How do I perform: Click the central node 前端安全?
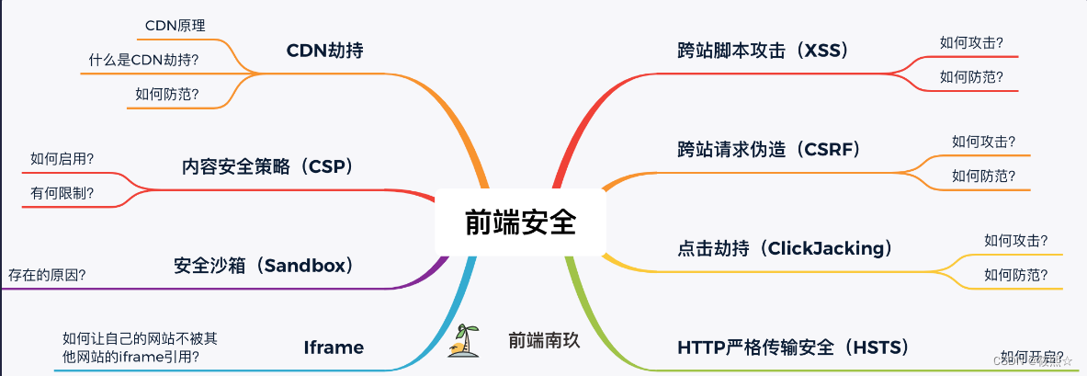click(x=520, y=223)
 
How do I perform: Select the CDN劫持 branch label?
click(x=325, y=51)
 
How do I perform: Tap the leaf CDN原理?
click(x=175, y=26)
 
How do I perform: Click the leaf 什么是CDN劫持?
click(x=144, y=61)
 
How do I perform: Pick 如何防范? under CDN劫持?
click(x=167, y=94)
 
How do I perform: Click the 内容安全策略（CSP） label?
click(x=267, y=167)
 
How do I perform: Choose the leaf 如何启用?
click(x=62, y=158)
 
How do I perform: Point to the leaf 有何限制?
click(x=62, y=192)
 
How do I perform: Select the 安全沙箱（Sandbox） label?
click(x=264, y=266)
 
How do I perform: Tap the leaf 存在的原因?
click(x=48, y=274)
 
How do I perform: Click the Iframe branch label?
click(x=334, y=348)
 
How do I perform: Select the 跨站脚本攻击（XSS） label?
click(x=763, y=51)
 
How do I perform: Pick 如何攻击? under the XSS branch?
click(x=971, y=42)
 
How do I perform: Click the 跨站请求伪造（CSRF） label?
click(x=768, y=149)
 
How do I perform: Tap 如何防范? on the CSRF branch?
click(x=984, y=175)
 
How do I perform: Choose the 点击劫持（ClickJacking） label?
click(x=785, y=248)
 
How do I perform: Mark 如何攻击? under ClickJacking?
click(x=1016, y=241)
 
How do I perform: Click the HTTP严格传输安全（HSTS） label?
click(x=793, y=348)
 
